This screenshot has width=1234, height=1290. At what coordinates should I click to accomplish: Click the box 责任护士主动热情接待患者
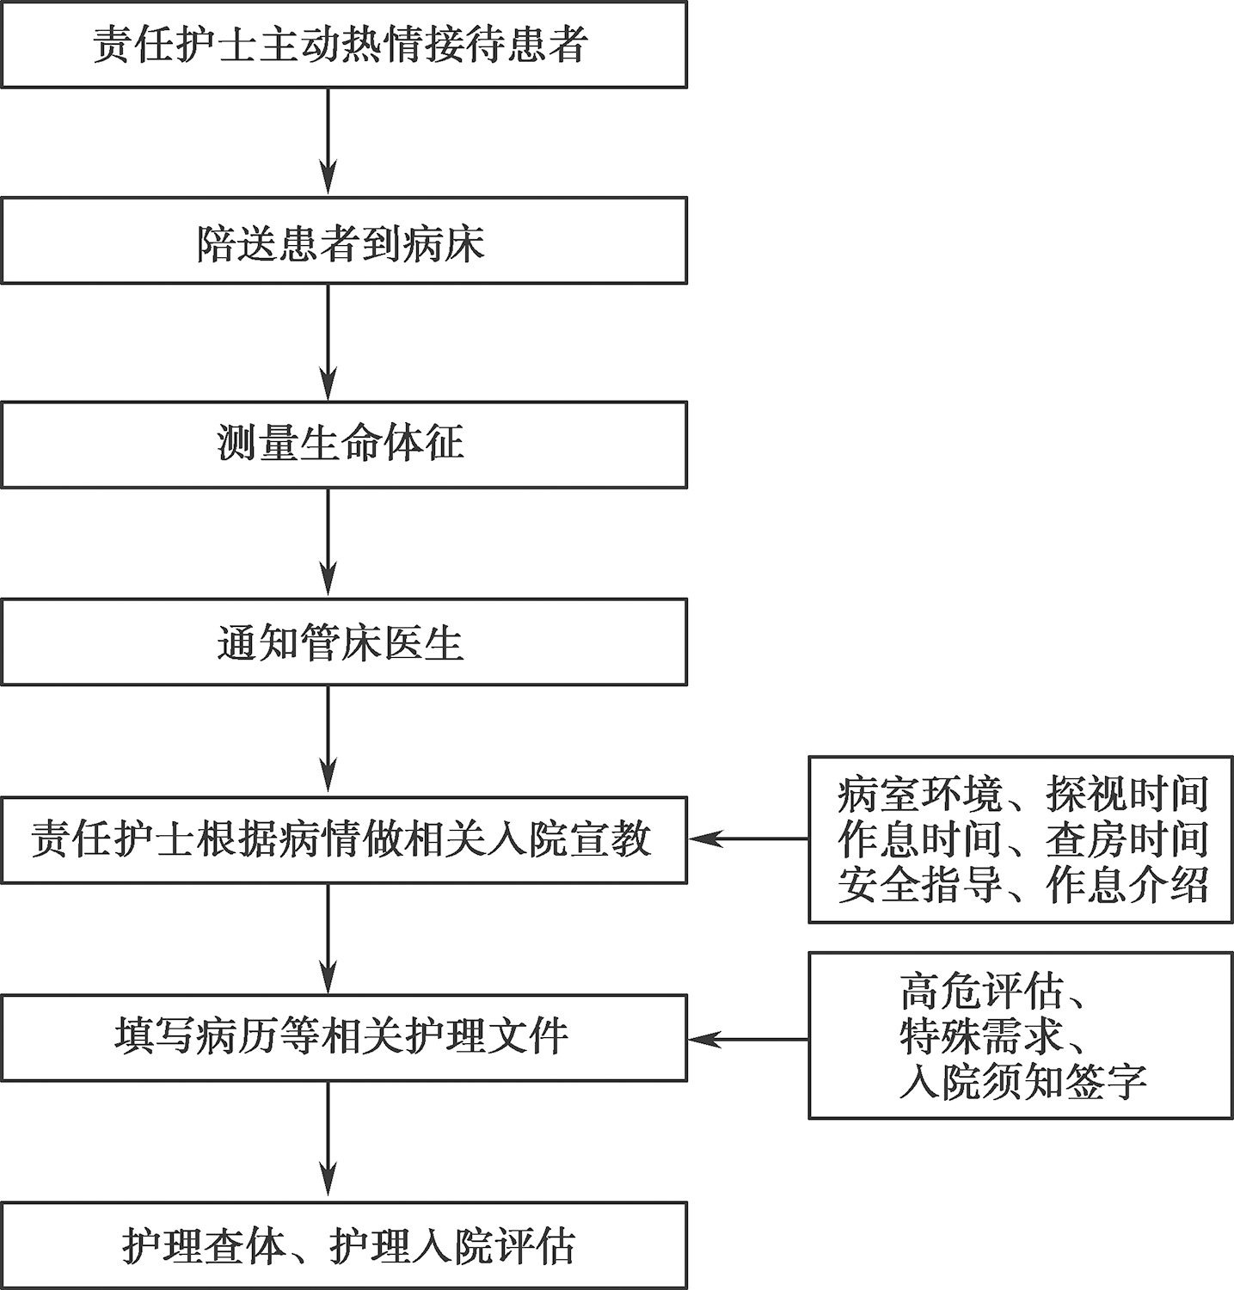point(344,45)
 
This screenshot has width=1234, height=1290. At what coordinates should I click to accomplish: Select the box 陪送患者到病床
point(344,241)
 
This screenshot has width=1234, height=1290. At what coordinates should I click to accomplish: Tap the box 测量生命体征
point(344,445)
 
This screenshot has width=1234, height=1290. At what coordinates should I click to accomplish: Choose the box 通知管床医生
point(344,642)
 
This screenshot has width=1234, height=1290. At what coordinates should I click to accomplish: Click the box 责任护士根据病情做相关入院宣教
point(344,840)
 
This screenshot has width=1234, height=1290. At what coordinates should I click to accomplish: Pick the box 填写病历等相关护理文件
point(344,1038)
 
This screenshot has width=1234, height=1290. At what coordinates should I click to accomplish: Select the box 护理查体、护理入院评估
point(344,1245)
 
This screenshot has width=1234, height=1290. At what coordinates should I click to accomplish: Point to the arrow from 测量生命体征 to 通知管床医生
point(328,544)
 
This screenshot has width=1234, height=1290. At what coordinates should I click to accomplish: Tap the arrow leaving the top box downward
point(328,142)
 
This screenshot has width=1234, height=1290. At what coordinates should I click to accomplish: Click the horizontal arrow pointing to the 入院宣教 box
point(749,838)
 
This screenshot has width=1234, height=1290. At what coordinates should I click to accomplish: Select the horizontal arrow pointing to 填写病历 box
point(749,1040)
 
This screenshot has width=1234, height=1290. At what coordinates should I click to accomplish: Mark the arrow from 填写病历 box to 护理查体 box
point(328,1141)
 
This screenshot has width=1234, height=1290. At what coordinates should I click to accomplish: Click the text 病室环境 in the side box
point(920,795)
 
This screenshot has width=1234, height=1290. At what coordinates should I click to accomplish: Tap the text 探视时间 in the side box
point(1127,795)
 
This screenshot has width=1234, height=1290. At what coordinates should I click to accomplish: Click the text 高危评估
point(982,991)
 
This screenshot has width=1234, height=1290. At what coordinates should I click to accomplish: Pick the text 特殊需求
point(982,1036)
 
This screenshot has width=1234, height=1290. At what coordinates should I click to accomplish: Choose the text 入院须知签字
point(1023,1082)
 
